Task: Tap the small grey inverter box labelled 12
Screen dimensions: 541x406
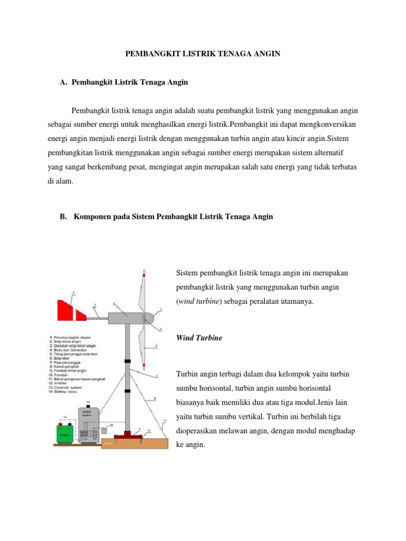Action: tap(105, 431)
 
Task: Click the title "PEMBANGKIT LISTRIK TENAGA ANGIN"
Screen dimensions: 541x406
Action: tap(202, 54)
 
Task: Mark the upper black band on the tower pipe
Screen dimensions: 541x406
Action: tap(127, 361)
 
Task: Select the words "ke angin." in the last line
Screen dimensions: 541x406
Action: tap(190, 445)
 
